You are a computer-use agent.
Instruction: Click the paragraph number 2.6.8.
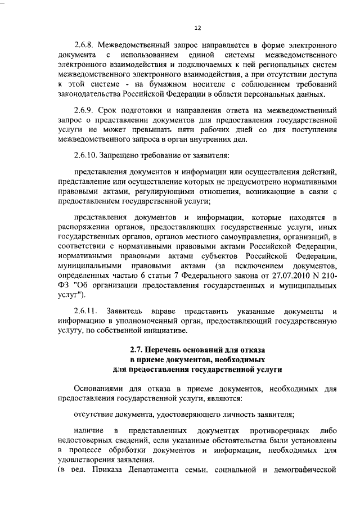[85, 44]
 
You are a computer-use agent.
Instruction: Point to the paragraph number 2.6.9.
[85, 110]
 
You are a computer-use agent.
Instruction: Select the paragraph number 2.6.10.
[87, 155]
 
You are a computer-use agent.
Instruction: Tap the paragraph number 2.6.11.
[87, 311]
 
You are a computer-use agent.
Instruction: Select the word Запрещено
[125, 155]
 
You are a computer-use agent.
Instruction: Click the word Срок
[114, 110]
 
